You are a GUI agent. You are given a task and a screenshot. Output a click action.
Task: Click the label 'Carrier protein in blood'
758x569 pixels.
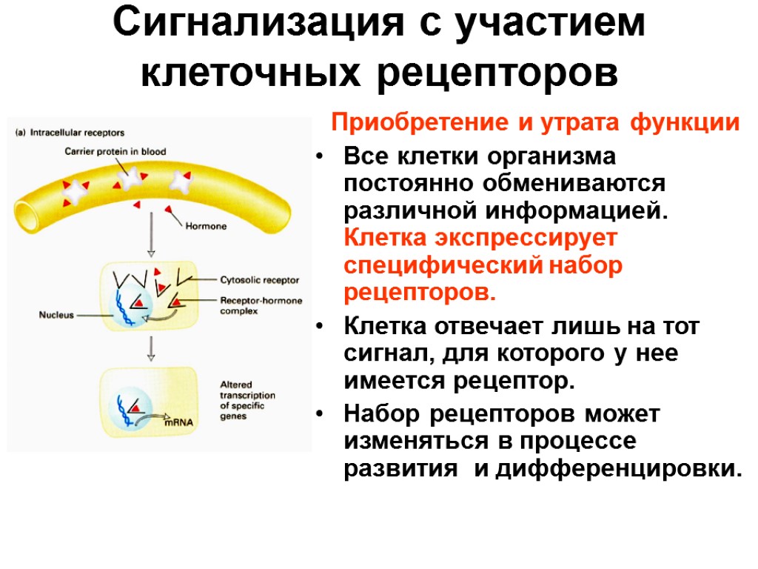pyautogui.click(x=115, y=152)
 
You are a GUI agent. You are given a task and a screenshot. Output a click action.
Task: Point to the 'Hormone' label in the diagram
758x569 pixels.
pyautogui.click(x=205, y=227)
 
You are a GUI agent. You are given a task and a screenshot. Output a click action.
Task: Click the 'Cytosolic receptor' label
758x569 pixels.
pyautogui.click(x=259, y=280)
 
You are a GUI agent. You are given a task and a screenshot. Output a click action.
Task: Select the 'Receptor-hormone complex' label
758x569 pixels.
pyautogui.click(x=259, y=306)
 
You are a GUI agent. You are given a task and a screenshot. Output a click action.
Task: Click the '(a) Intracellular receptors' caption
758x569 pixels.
pyautogui.click(x=70, y=133)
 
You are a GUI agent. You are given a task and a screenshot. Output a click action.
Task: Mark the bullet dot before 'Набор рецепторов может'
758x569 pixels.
pyautogui.click(x=319, y=412)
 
